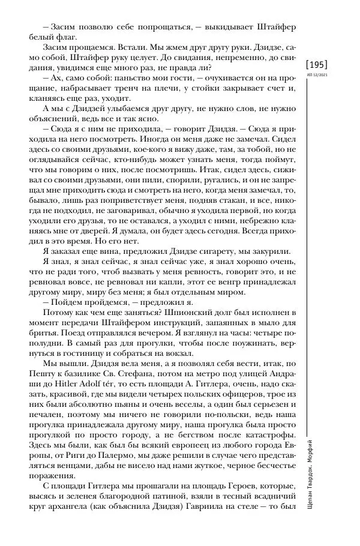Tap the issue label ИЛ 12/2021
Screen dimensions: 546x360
(317, 75)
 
